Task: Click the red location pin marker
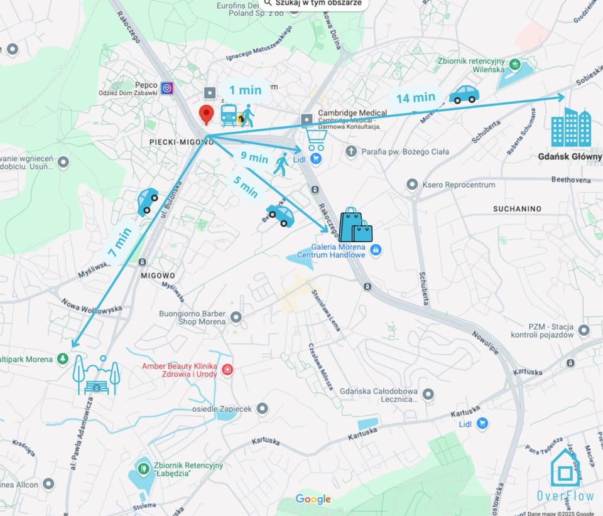(206, 115)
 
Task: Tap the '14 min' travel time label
(416, 97)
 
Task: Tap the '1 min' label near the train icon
(245, 90)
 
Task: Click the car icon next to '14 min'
(464, 94)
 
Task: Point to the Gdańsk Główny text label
(570, 156)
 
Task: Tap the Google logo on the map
(313, 500)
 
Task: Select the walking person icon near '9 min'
(281, 164)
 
